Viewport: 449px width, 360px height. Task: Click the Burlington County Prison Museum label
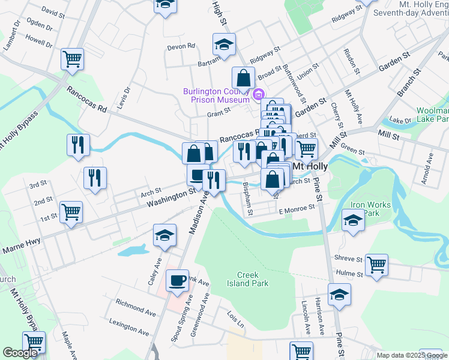pos(216,95)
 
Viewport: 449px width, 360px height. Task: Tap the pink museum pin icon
pos(259,94)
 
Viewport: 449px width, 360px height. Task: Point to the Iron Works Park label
pos(370,209)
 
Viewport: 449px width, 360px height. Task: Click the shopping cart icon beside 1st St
pos(71,212)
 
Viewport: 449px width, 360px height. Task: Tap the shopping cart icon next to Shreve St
pos(376,264)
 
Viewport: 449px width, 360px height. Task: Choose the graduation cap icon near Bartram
pos(224,45)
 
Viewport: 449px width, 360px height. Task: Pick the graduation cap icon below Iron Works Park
pos(353,221)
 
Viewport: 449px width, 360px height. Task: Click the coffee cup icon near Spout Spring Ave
pos(177,280)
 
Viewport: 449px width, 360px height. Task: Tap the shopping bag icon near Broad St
pos(243,78)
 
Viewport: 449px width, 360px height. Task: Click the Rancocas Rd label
pos(86,100)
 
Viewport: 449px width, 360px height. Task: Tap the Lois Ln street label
pos(237,321)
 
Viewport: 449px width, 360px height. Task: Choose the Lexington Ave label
pos(129,326)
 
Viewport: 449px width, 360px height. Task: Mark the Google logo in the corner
pos(20,353)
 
